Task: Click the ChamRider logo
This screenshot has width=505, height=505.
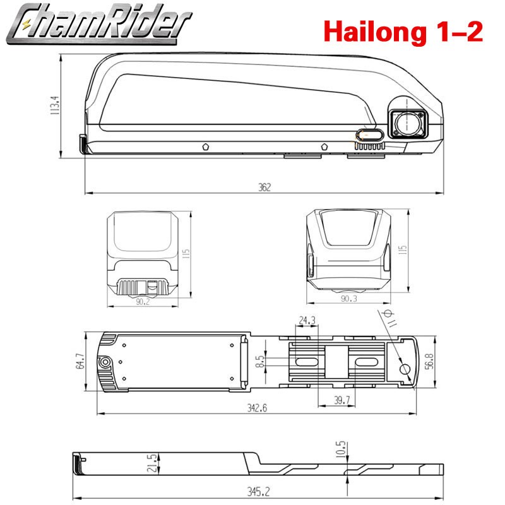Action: (x=99, y=23)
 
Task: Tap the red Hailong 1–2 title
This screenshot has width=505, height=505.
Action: (x=403, y=32)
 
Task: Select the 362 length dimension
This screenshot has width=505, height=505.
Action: (x=264, y=187)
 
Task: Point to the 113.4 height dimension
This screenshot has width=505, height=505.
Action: (x=54, y=105)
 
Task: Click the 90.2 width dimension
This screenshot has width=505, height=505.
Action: (x=143, y=302)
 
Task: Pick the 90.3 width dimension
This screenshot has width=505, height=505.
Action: (x=349, y=299)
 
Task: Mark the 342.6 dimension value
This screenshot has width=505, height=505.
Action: (x=257, y=408)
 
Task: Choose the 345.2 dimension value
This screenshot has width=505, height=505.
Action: (x=259, y=492)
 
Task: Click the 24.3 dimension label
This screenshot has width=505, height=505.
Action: (x=307, y=321)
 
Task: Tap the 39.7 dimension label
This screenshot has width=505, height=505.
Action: (x=342, y=400)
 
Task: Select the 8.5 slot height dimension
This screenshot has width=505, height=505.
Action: (x=259, y=361)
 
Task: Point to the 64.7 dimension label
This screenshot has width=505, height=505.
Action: (x=80, y=361)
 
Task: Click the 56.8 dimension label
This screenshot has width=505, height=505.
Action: (x=429, y=361)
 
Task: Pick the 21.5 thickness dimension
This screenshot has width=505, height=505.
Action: (x=152, y=463)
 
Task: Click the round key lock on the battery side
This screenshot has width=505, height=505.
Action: (x=407, y=124)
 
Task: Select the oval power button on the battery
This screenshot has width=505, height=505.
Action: (x=370, y=135)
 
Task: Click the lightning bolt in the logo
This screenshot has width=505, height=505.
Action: (x=26, y=24)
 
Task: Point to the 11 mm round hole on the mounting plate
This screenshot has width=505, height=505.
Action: (x=405, y=369)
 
